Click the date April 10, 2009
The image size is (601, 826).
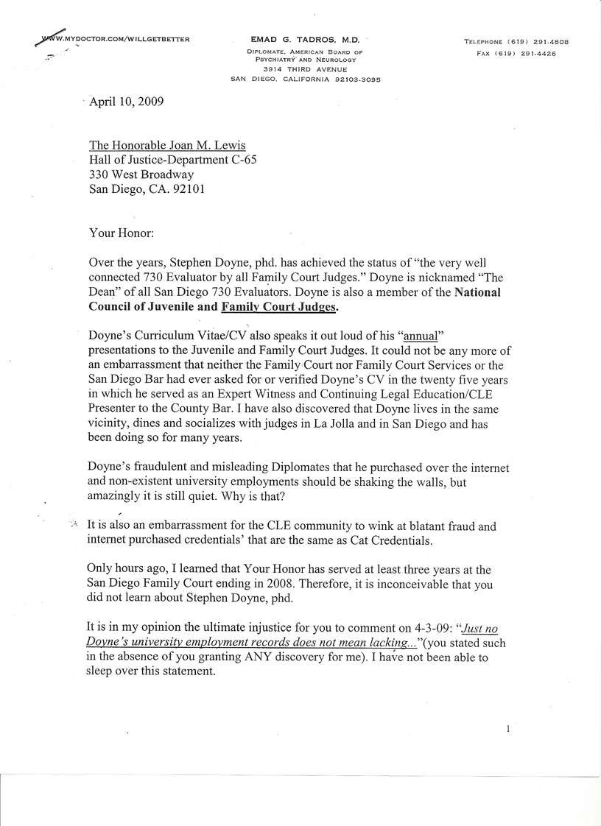[x=126, y=102]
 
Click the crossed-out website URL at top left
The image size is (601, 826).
[x=112, y=38]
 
